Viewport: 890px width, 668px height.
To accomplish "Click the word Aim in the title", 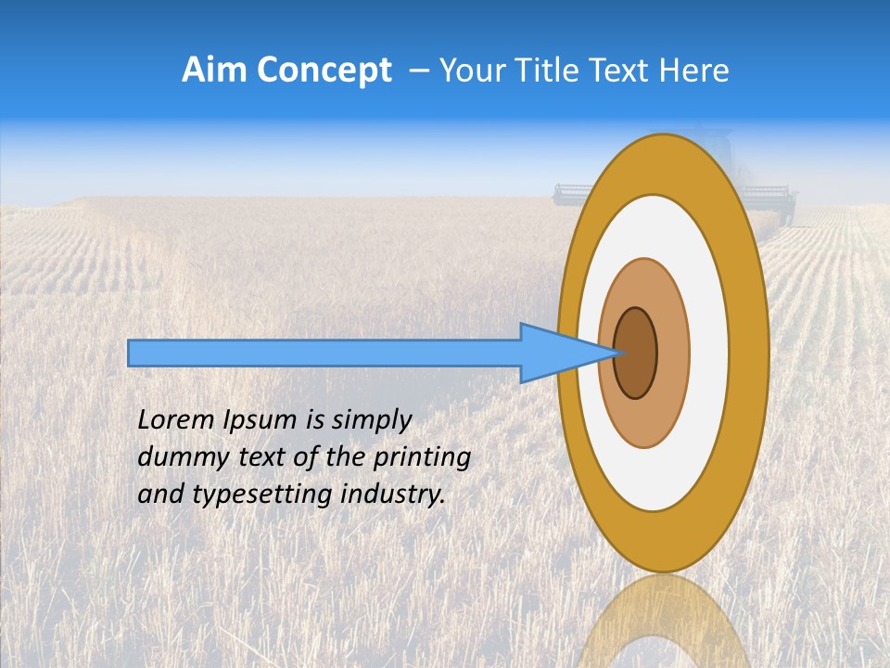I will [214, 71].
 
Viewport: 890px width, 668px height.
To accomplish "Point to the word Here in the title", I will [695, 71].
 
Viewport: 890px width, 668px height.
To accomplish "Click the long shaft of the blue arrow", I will [324, 353].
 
